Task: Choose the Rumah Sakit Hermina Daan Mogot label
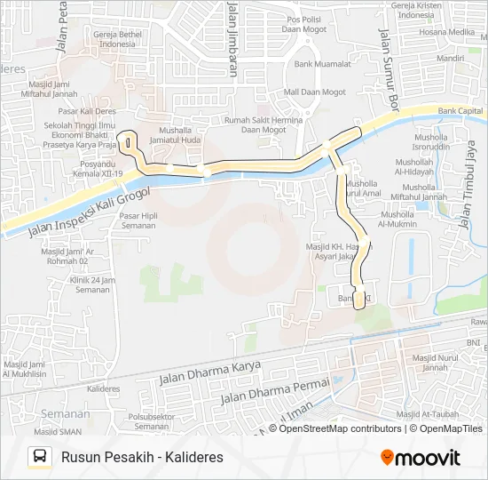pos(263,125)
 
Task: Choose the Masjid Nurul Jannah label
pos(435,363)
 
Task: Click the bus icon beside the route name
pos(39,457)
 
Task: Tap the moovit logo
pos(421,458)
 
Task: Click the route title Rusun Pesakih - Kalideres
pos(142,458)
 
